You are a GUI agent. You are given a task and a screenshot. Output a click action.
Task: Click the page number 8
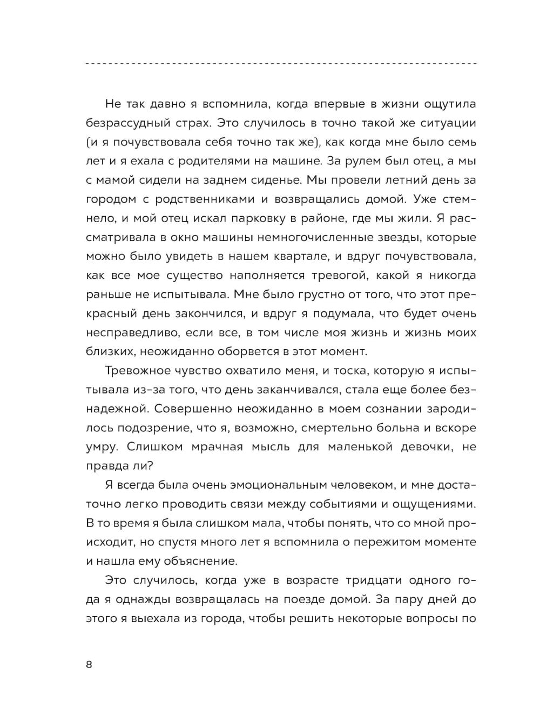click(x=89, y=665)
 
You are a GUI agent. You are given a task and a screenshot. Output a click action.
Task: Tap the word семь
click(x=461, y=142)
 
